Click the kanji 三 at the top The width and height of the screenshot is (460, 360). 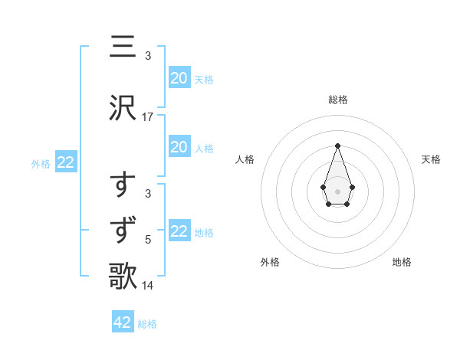click(x=123, y=47)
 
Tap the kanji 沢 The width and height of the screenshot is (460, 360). click(x=123, y=109)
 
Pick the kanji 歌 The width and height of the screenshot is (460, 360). click(x=123, y=276)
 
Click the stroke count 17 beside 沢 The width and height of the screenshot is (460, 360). click(x=148, y=117)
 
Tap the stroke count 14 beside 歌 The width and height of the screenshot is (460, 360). click(x=148, y=285)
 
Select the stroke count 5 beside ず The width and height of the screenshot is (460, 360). click(x=148, y=240)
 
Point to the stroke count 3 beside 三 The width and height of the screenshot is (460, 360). click(x=148, y=55)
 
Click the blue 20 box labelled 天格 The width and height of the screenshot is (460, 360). click(x=179, y=77)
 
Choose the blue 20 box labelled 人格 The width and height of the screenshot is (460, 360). click(x=179, y=147)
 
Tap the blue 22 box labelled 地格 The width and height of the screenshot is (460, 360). click(x=179, y=231)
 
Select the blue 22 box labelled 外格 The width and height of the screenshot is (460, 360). click(x=66, y=162)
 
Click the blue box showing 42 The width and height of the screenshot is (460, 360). click(x=123, y=322)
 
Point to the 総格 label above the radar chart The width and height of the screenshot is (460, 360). click(x=338, y=100)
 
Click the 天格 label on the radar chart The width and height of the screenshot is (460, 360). click(x=432, y=159)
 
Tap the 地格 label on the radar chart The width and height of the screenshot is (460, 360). click(x=402, y=262)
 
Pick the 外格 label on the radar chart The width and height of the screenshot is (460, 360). click(x=270, y=262)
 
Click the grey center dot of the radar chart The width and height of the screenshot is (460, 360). click(x=337, y=190)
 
